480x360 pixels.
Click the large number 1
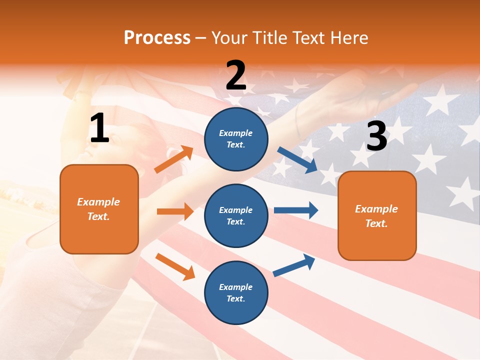pos(99,128)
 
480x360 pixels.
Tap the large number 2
pos(236,75)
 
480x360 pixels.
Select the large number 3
pos(376,136)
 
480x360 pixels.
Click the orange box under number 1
pos(99,209)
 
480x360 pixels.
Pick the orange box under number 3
pos(377,216)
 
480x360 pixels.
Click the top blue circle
pos(236,139)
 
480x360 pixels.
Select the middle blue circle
pos(236,215)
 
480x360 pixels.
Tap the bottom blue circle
pos(236,292)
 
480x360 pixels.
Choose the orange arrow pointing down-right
pos(175,266)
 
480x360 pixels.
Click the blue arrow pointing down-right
pos(297,160)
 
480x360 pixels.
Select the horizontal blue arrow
pos(296,210)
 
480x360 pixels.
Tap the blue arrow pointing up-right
pos(294,265)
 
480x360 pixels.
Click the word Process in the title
pos(157,37)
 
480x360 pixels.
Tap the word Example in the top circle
pos(236,133)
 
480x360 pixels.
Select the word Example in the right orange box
pos(376,209)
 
